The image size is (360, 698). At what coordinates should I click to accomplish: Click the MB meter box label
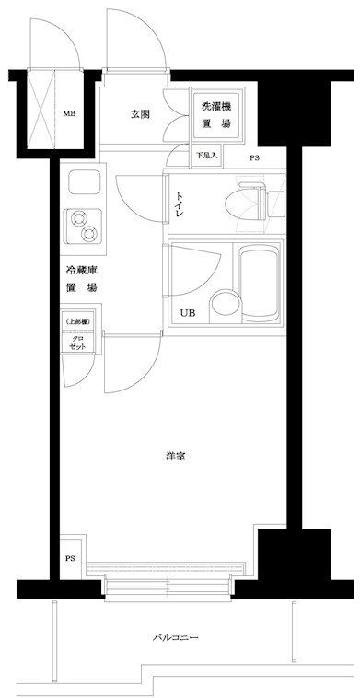pyautogui.click(x=68, y=113)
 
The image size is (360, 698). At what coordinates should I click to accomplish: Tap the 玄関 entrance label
pyautogui.click(x=139, y=114)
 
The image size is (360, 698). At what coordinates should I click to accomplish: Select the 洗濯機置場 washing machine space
pyautogui.click(x=217, y=115)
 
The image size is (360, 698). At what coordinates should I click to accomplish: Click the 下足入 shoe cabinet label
pyautogui.click(x=206, y=156)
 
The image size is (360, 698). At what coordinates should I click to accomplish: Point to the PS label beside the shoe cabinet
pyautogui.click(x=254, y=157)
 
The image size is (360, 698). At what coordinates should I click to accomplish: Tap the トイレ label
pyautogui.click(x=180, y=205)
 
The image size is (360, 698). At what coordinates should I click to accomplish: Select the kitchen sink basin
pyautogui.click(x=83, y=183)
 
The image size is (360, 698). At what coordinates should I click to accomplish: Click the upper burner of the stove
pyautogui.click(x=79, y=218)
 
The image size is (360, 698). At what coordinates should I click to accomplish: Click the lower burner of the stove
pyautogui.click(x=89, y=233)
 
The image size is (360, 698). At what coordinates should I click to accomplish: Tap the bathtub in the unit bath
pyautogui.click(x=260, y=284)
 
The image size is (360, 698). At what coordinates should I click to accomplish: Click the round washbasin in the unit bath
pyautogui.click(x=225, y=306)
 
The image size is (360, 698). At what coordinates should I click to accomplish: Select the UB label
pyautogui.click(x=187, y=312)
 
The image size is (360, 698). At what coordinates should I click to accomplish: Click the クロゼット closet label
pyautogui.click(x=78, y=343)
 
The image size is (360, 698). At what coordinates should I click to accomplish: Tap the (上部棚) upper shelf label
pyautogui.click(x=78, y=321)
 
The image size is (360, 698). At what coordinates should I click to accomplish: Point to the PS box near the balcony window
pyautogui.click(x=70, y=557)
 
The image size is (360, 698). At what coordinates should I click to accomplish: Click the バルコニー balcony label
pyautogui.click(x=175, y=637)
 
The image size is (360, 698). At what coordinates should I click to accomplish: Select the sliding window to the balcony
pyautogui.click(x=168, y=587)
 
